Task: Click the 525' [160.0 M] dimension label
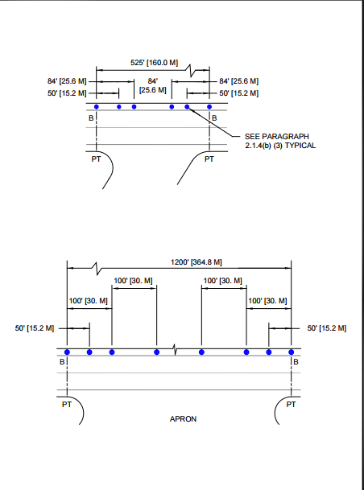[x=154, y=63]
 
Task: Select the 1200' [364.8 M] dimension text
[x=196, y=261]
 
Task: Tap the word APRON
[x=183, y=419]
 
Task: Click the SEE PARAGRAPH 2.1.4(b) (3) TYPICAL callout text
[x=280, y=141]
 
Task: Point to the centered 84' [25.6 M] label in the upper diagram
[x=152, y=85]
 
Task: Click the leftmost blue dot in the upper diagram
[x=97, y=107]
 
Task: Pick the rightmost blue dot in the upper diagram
[x=209, y=107]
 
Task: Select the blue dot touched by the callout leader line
[x=187, y=107]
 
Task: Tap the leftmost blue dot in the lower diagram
[x=67, y=352]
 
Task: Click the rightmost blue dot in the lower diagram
[x=292, y=352]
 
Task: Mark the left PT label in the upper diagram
[x=96, y=159]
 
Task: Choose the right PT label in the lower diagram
[x=291, y=405]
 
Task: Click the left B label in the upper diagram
[x=91, y=118]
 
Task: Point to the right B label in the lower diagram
[x=296, y=362]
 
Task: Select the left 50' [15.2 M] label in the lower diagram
[x=35, y=328]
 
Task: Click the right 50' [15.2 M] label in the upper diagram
[x=239, y=93]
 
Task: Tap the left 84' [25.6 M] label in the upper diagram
[x=67, y=81]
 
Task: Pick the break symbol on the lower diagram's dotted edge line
[x=176, y=350]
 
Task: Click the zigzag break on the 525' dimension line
[x=192, y=71]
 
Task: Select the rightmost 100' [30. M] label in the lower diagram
[x=267, y=301]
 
